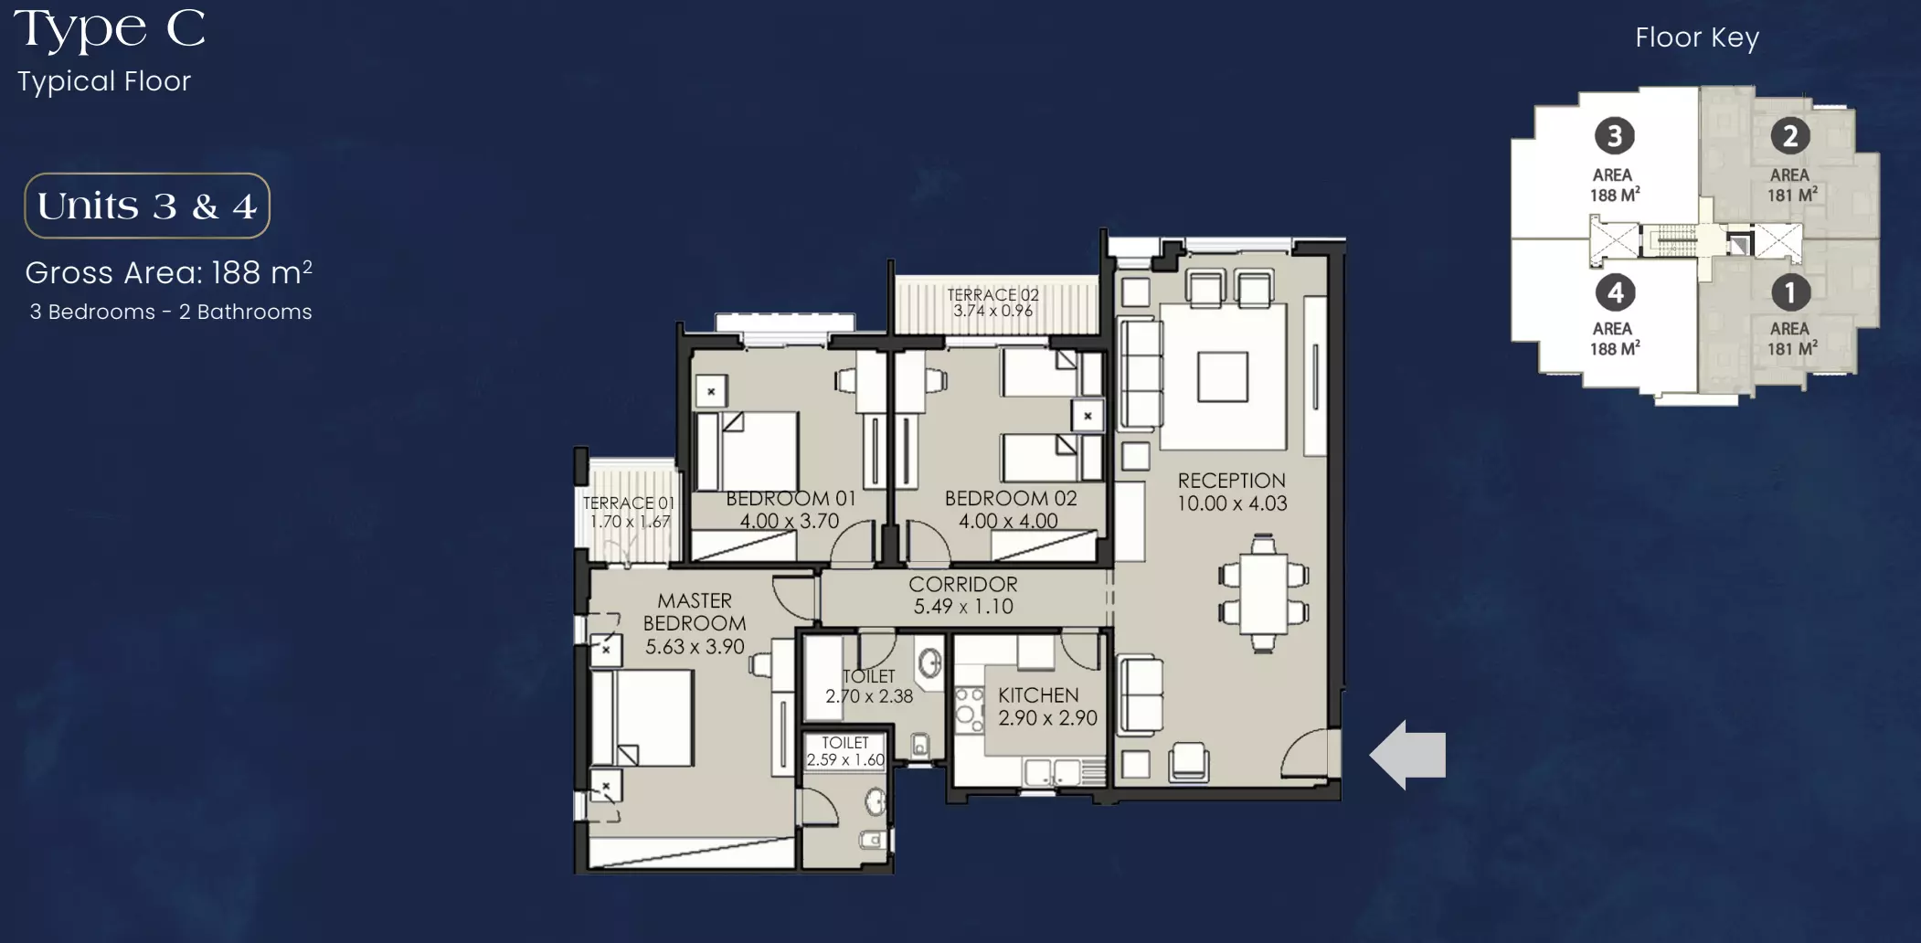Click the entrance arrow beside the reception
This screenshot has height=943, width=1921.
click(x=1407, y=755)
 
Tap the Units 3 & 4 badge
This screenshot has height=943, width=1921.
click(x=147, y=206)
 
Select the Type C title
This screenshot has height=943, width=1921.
click(x=110, y=28)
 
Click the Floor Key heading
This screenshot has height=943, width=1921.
click(x=1697, y=37)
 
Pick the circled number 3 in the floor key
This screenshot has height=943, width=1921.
click(x=1615, y=136)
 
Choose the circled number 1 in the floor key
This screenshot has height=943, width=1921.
click(x=1790, y=292)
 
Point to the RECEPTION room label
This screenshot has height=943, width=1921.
click(x=1231, y=481)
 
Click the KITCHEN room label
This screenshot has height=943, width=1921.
click(x=1038, y=695)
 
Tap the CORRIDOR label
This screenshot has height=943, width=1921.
click(x=963, y=584)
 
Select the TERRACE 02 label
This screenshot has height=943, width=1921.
click(x=992, y=295)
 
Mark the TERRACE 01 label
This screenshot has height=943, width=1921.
click(x=629, y=503)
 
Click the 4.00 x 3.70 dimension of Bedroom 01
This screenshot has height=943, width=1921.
click(x=790, y=521)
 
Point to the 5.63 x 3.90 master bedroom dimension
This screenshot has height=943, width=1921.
click(x=695, y=646)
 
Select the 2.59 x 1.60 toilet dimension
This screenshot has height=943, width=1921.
click(x=845, y=759)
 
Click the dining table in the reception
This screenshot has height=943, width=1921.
click(x=1263, y=593)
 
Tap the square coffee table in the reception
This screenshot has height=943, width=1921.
click(x=1223, y=376)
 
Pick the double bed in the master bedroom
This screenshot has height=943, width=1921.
click(x=642, y=718)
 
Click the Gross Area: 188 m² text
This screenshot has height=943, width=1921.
click(x=169, y=272)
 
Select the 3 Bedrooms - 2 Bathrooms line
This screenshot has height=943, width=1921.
click(x=171, y=312)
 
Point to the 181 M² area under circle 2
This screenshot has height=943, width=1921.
click(x=1792, y=195)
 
